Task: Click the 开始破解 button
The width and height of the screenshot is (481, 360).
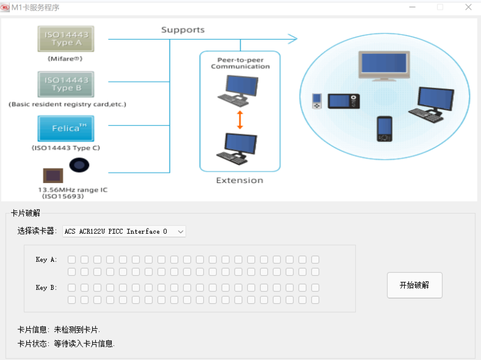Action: (414, 285)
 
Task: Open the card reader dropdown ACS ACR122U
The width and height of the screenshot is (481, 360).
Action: (124, 231)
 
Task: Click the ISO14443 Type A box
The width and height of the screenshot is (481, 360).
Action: (66, 39)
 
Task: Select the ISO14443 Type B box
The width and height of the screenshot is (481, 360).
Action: (66, 84)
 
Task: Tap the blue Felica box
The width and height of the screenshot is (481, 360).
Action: (66, 129)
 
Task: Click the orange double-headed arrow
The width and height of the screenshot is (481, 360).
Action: (240, 119)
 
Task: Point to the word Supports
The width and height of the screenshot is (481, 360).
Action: (183, 30)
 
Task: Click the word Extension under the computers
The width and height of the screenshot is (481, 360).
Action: (240, 181)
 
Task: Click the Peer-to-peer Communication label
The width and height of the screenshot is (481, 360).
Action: (240, 63)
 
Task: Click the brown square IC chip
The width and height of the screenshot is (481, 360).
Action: (52, 176)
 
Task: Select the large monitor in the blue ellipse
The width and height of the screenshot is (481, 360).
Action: (382, 65)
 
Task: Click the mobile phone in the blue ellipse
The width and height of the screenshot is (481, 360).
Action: (384, 128)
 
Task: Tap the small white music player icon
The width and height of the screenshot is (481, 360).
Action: (316, 101)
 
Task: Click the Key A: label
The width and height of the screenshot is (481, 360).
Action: (46, 260)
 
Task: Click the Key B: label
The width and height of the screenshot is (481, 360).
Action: (46, 287)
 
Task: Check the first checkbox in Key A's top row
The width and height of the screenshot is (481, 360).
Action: (71, 260)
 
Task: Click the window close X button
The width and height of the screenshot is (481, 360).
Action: (468, 7)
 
